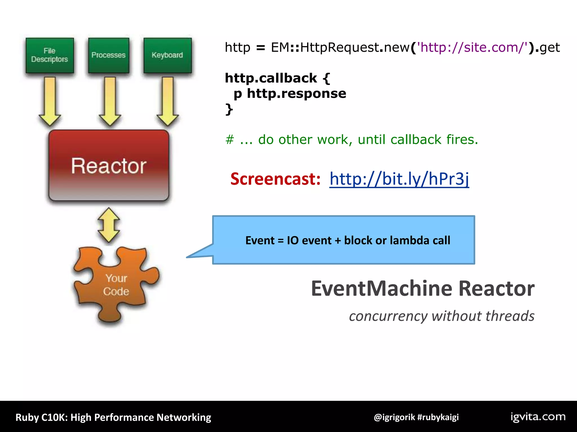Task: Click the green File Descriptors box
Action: coord(50,55)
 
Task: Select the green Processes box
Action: coord(108,55)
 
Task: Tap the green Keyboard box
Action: coord(167,55)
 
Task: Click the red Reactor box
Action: coord(109,165)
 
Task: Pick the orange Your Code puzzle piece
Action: coord(116,285)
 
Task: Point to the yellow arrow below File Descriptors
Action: coord(50,101)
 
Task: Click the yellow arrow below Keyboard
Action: coord(168,101)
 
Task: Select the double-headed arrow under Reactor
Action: coord(109,225)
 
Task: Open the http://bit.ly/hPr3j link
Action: coord(399,179)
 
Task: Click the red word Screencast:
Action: coord(275,179)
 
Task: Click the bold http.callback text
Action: coord(270,78)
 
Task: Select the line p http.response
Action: coord(290,93)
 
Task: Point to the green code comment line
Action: coord(352,139)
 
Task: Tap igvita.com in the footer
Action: coord(538,417)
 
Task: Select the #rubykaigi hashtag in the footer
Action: coord(438,417)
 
